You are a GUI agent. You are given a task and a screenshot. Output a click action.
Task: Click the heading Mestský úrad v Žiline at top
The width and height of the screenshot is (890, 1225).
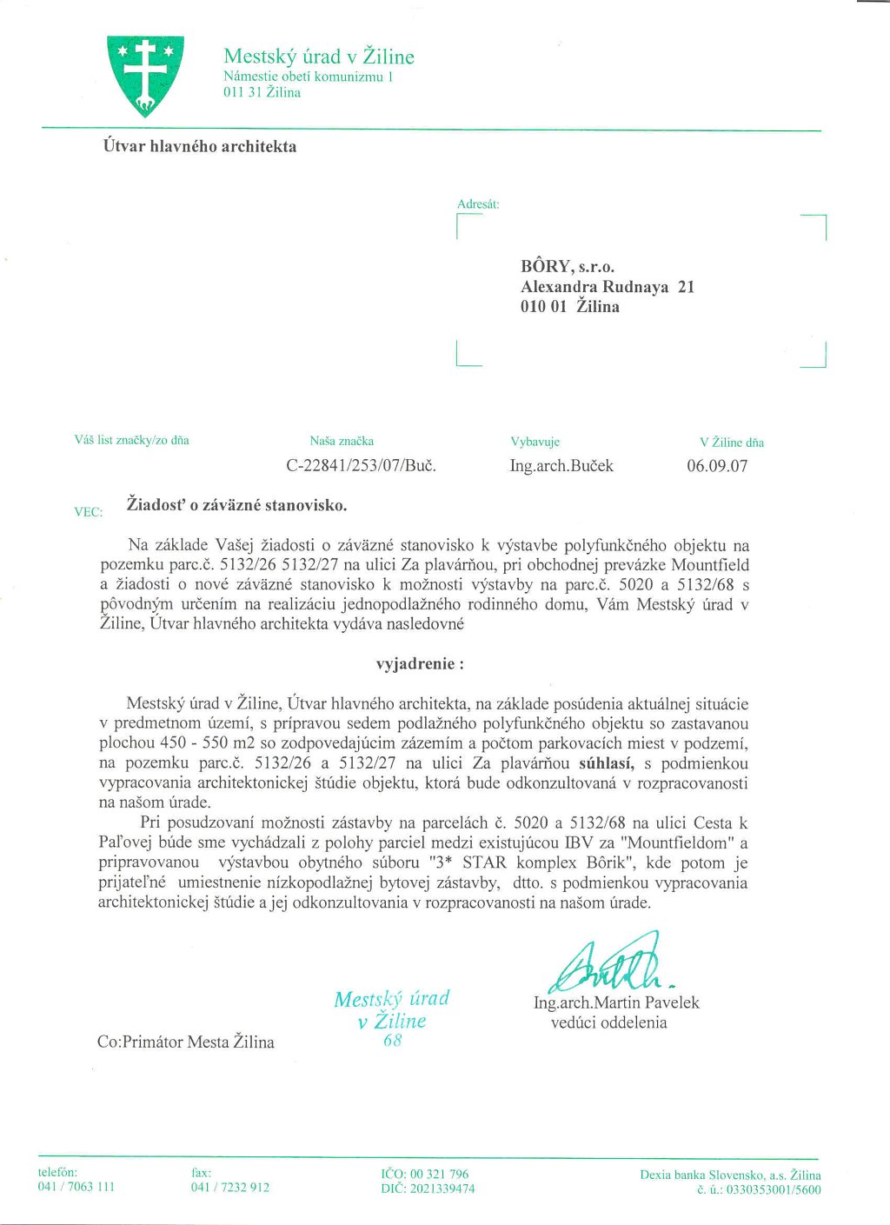(x=318, y=57)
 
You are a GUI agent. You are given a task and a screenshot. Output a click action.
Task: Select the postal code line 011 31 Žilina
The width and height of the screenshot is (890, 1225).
(x=262, y=92)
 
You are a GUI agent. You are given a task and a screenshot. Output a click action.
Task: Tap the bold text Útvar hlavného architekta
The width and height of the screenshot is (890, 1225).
(x=200, y=146)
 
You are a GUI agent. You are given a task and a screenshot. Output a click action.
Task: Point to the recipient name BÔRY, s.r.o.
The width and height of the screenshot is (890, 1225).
(x=568, y=266)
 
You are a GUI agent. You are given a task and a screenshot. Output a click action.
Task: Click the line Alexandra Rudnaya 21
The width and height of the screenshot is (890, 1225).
(x=607, y=286)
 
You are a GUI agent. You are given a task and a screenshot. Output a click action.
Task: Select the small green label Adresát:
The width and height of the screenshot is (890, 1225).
(x=478, y=204)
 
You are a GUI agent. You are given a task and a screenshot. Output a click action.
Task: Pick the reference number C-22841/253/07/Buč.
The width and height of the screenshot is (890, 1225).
(x=361, y=465)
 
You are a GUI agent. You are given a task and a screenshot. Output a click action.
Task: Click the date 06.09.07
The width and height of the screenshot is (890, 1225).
(x=717, y=465)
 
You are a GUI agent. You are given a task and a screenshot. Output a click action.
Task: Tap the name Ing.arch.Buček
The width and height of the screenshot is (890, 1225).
(x=561, y=465)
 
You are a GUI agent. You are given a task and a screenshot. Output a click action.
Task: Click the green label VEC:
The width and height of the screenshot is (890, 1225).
(x=89, y=512)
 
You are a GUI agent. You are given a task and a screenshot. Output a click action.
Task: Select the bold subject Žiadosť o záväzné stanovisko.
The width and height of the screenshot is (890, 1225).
(x=236, y=504)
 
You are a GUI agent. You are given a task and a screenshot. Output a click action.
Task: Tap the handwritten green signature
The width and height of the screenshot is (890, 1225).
(x=608, y=963)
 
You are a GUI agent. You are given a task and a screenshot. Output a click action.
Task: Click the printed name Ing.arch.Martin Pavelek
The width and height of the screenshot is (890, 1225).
(x=616, y=1002)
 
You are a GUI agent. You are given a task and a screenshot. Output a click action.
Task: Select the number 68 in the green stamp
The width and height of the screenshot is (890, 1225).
(x=392, y=1040)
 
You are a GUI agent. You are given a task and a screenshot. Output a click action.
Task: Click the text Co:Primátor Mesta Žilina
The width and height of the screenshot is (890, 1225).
(x=186, y=1042)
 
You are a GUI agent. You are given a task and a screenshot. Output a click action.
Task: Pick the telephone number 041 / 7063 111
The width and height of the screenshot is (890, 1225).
(x=76, y=1187)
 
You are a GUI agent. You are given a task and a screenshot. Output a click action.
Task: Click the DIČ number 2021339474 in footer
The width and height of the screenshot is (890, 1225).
(x=442, y=1188)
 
